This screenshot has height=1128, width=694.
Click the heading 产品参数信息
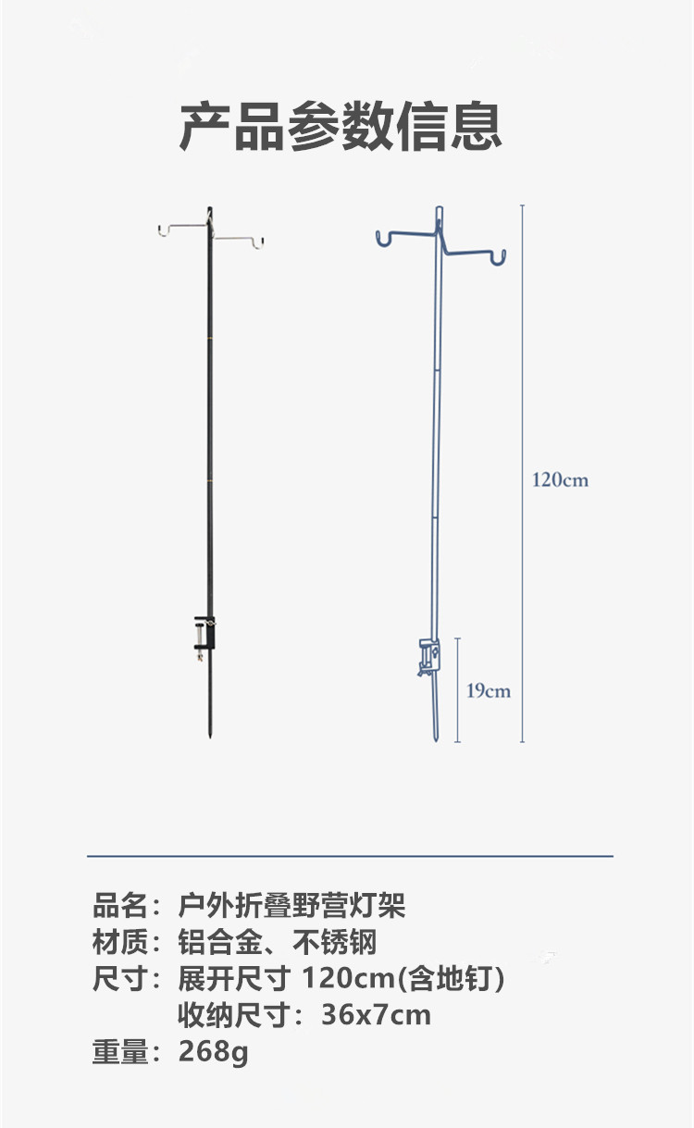click(x=341, y=127)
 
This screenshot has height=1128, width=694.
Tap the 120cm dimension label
click(x=560, y=480)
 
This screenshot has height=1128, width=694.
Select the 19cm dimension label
click(x=488, y=690)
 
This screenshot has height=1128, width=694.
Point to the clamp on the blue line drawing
click(x=428, y=656)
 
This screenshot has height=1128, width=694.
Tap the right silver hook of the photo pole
click(x=258, y=241)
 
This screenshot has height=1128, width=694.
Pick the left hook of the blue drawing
click(x=382, y=240)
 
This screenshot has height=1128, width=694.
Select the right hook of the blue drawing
click(x=499, y=256)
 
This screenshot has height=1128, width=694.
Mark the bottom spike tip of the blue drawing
click(x=438, y=738)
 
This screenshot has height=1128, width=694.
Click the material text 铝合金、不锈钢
click(x=278, y=943)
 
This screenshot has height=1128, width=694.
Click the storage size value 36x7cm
click(x=376, y=1015)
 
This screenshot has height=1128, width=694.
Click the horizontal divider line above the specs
click(x=350, y=856)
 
